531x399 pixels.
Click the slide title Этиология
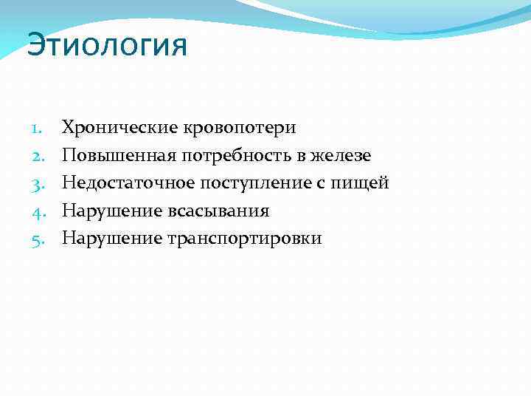point(108,46)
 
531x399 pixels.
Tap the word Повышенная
point(113,156)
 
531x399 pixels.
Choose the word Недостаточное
point(123,183)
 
